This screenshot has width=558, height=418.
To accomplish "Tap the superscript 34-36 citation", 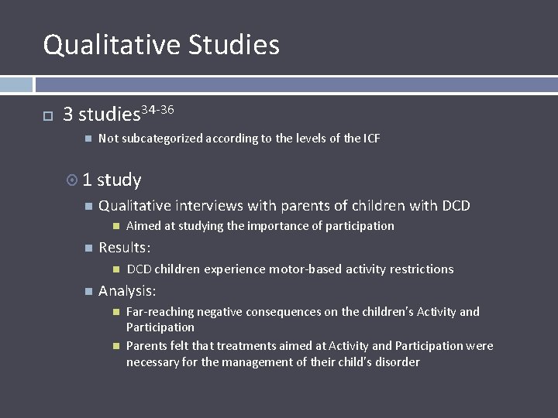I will click(x=157, y=110).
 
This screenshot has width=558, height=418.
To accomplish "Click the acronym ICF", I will click(x=372, y=139).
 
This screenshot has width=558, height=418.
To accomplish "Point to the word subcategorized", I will click(x=161, y=139).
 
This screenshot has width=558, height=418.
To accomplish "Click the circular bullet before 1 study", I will click(x=72, y=180).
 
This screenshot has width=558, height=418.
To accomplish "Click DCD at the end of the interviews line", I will click(x=456, y=206).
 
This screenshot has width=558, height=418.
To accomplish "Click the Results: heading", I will click(x=125, y=248).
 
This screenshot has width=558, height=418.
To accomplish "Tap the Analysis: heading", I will click(x=127, y=291).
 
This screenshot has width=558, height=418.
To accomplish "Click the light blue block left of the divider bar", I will click(x=16, y=84).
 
